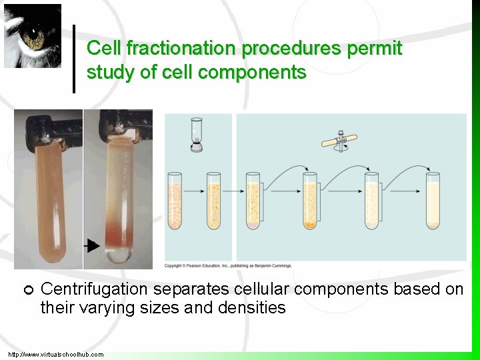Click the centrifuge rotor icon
342,141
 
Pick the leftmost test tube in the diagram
174,200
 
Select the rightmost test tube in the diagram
433,200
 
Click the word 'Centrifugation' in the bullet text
94,289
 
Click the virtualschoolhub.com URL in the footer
56,354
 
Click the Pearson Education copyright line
228,266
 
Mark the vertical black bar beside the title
74,59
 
